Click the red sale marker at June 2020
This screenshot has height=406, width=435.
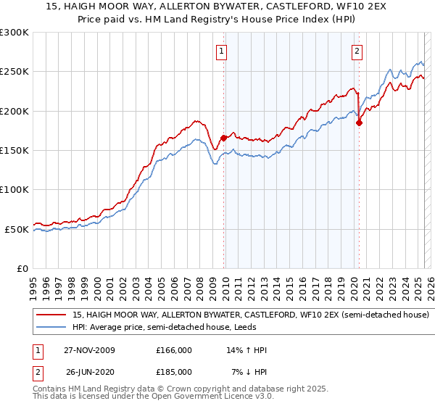point(359,123)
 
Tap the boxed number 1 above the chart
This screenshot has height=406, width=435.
point(220,51)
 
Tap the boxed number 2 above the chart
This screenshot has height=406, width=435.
point(357,51)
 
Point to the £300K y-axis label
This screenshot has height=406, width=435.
point(14,33)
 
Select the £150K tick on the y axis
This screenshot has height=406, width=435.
point(14,151)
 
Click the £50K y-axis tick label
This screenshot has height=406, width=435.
point(17,229)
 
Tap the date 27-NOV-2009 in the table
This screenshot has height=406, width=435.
point(89,350)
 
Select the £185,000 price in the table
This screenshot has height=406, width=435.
point(174,371)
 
